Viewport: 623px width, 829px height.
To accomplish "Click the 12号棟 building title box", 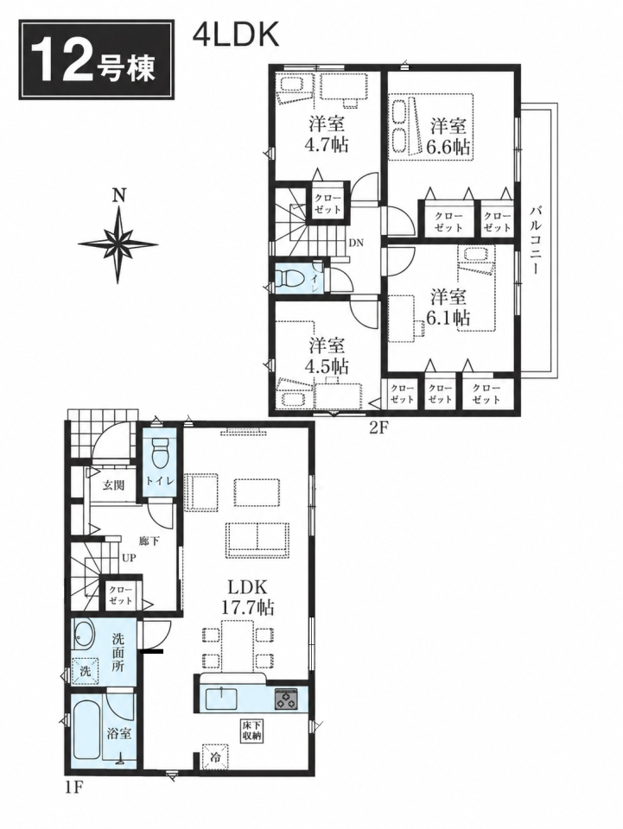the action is tap(97, 60).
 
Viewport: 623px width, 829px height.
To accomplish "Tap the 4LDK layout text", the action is tap(236, 35).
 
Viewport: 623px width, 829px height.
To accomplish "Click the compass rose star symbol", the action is tap(118, 244).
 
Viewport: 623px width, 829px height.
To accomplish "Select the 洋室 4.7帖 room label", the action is tap(327, 135).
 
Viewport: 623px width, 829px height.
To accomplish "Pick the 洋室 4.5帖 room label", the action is tap(327, 356).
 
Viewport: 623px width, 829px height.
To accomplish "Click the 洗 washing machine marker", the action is tap(85, 670).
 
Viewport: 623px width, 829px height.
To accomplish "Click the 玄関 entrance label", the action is tap(112, 484).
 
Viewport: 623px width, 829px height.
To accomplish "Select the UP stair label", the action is tap(128, 558).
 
